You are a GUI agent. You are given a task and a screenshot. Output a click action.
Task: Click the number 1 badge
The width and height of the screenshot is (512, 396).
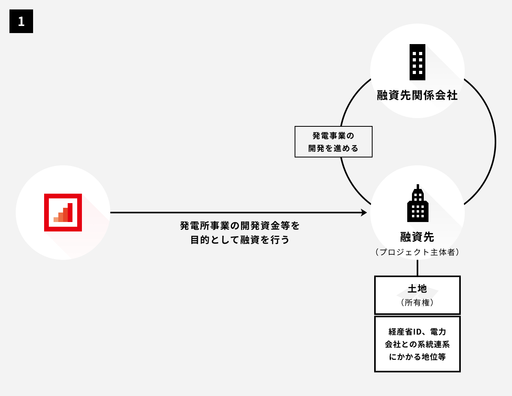pyautogui.click(x=21, y=21)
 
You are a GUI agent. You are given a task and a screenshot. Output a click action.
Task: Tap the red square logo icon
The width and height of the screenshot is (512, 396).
pyautogui.click(x=63, y=213)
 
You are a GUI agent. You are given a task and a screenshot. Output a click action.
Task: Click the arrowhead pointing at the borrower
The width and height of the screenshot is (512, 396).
pyautogui.click(x=364, y=213)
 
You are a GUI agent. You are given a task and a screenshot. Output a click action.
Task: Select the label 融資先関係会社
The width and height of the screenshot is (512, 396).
pyautogui.click(x=417, y=95)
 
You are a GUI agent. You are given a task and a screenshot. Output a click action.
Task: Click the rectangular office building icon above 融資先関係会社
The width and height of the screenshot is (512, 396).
pyautogui.click(x=417, y=62)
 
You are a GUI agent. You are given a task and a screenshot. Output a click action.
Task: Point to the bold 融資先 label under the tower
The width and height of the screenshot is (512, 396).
pyautogui.click(x=417, y=237)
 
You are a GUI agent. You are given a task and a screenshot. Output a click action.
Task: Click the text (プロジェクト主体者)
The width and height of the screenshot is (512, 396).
pyautogui.click(x=417, y=252)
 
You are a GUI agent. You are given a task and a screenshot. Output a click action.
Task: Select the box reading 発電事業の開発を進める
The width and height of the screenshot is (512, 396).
pyautogui.click(x=334, y=142)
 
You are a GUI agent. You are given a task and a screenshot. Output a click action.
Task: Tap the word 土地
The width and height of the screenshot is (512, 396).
pyautogui.click(x=417, y=289)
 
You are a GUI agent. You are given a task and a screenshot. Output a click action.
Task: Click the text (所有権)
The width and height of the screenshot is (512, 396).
pyautogui.click(x=417, y=303)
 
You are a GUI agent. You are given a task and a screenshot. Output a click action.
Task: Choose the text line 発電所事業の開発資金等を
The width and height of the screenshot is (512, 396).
pyautogui.click(x=240, y=226)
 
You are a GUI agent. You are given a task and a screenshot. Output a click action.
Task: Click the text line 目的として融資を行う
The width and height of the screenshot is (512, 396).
pyautogui.click(x=240, y=240)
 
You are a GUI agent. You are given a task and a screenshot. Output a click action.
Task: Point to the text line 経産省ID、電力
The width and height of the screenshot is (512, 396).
pyautogui.click(x=417, y=331)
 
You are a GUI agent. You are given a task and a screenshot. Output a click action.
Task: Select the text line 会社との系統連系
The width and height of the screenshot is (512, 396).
pyautogui.click(x=417, y=344)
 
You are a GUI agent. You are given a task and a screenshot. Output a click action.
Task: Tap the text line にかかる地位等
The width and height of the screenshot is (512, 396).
pyautogui.click(x=417, y=357)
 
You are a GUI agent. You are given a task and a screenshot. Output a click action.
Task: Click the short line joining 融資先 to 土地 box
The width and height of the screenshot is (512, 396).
pyautogui.click(x=417, y=268)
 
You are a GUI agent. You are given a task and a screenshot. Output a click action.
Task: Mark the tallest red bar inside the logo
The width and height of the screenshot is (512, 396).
pyautogui.click(x=70, y=213)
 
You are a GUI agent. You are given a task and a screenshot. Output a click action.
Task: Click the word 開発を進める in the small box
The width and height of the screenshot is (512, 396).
pyautogui.click(x=334, y=148)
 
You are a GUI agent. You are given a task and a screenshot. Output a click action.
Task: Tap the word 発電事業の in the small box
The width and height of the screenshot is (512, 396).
pyautogui.click(x=334, y=136)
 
